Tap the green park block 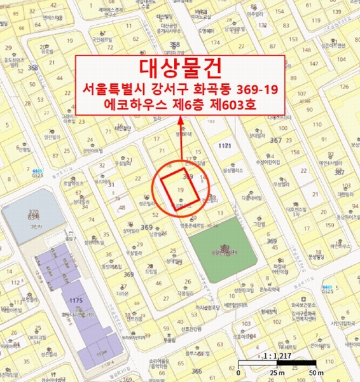[222, 247]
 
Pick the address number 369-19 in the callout [256, 89]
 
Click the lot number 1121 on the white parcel [223, 146]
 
